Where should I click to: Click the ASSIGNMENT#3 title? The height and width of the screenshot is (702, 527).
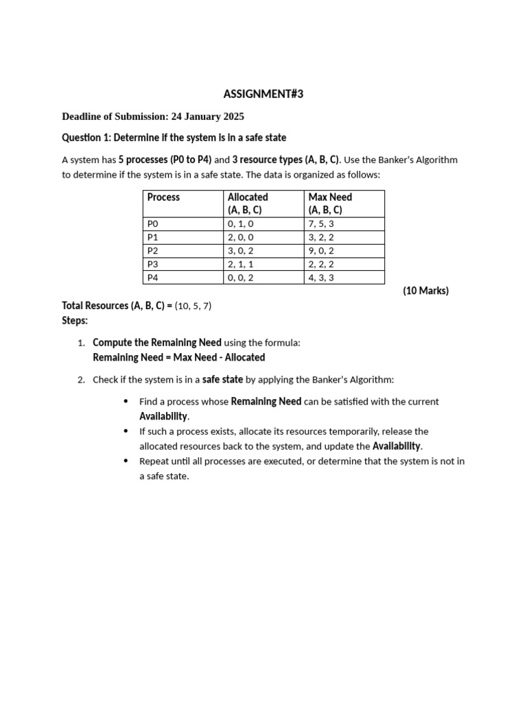coord(263,95)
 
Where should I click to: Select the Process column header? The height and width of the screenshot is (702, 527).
coord(163,197)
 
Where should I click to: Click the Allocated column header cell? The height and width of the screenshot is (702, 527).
coord(248,204)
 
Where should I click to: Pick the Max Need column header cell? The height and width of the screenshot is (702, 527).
coord(330,204)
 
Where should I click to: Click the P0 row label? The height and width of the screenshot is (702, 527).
coord(152,224)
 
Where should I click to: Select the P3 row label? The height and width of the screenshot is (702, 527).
coord(152,264)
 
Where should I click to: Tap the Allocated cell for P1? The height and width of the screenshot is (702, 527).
coord(241,237)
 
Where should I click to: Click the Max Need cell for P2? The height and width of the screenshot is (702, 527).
coord(322,251)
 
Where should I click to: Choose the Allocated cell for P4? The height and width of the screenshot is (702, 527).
coord(241,278)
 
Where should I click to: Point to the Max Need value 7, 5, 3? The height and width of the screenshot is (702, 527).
coord(322,224)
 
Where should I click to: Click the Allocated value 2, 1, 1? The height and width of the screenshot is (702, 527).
coord(241,264)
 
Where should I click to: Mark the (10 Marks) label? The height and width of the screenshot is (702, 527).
coord(425,291)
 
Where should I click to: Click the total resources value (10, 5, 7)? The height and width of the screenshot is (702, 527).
coord(193,306)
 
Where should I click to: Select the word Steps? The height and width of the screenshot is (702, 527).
coord(75,320)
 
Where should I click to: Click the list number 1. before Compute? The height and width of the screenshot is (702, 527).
coord(81,343)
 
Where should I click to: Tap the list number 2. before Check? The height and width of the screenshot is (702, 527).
coord(81,380)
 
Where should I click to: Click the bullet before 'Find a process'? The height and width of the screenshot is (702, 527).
coord(125,401)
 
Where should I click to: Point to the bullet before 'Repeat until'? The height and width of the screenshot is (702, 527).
coord(125,461)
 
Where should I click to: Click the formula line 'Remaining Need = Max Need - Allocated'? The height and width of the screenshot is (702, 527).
coord(178,357)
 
